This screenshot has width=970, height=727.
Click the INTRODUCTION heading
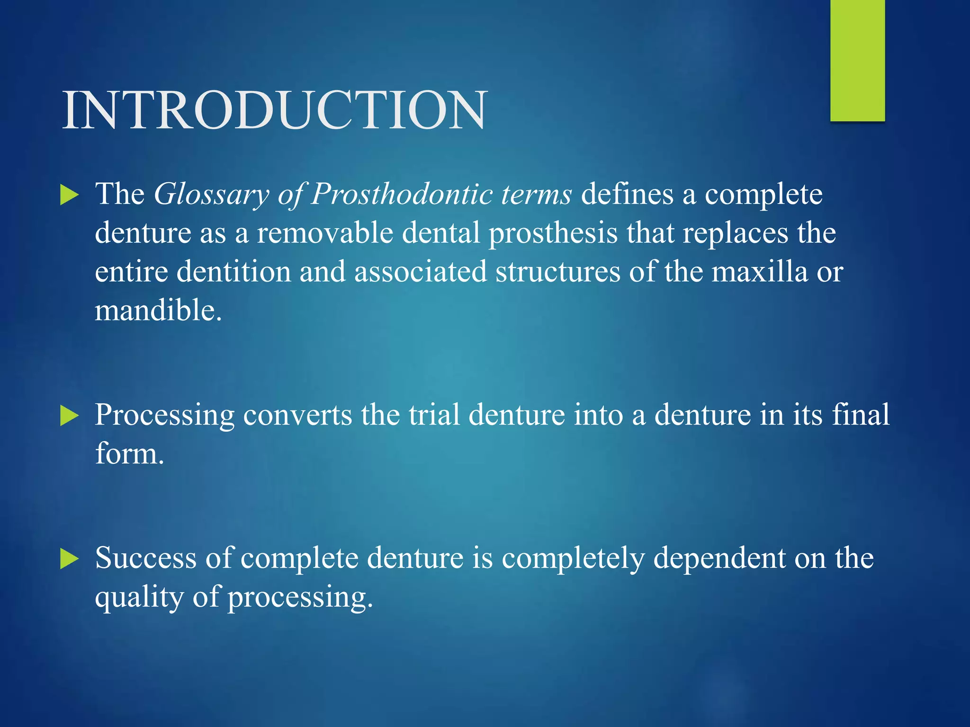pos(274,110)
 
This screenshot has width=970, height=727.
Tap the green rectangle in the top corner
pos(857,61)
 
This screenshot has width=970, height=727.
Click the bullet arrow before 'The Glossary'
pos(70,195)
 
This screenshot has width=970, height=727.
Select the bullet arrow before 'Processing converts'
pos(70,416)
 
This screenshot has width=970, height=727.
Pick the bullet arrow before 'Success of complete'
pos(70,559)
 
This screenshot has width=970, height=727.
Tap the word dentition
pos(234,272)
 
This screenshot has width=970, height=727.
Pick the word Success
pos(145,558)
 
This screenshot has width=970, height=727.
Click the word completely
pos(573,559)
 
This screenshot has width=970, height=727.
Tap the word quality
pos(139,598)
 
